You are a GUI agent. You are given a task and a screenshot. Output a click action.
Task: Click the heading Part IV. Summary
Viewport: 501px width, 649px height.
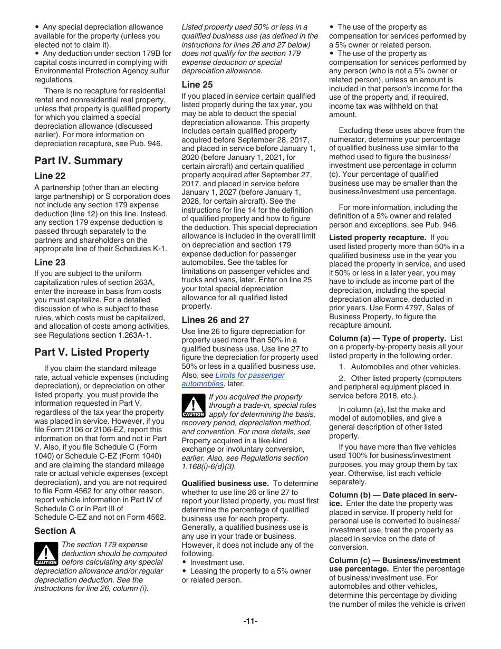coord(78,161)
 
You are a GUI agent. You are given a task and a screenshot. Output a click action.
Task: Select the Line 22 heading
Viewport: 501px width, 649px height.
coord(50,176)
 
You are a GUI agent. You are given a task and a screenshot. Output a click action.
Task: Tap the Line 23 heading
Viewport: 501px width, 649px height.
coord(50,262)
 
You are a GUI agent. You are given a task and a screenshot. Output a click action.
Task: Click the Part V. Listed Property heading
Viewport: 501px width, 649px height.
coord(92,352)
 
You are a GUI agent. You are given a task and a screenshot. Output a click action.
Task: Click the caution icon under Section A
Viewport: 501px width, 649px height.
coord(46,553)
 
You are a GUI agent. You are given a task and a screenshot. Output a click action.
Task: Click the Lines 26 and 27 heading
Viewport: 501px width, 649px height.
coord(215,320)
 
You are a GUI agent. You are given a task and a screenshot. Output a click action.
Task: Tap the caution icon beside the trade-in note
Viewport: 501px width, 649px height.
coord(193,406)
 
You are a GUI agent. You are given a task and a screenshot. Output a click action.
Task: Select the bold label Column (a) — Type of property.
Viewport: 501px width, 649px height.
coord(388,338)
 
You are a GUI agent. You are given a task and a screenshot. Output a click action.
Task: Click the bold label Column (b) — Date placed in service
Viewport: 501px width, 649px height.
coord(392,495)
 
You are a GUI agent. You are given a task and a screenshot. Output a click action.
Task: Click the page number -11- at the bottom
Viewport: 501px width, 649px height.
coord(250,621)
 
